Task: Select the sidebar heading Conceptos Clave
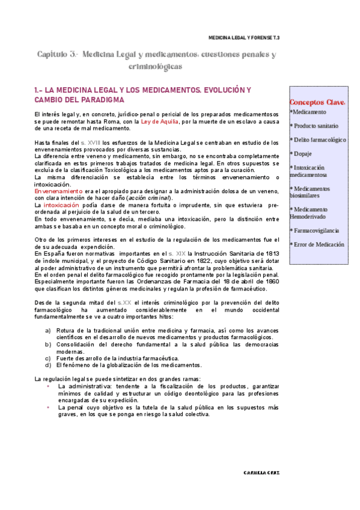click(x=317, y=102)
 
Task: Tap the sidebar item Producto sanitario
click(x=315, y=126)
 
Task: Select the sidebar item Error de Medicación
click(x=317, y=245)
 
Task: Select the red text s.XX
click(x=124, y=302)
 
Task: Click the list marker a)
click(x=48, y=331)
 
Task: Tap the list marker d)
click(x=48, y=364)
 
